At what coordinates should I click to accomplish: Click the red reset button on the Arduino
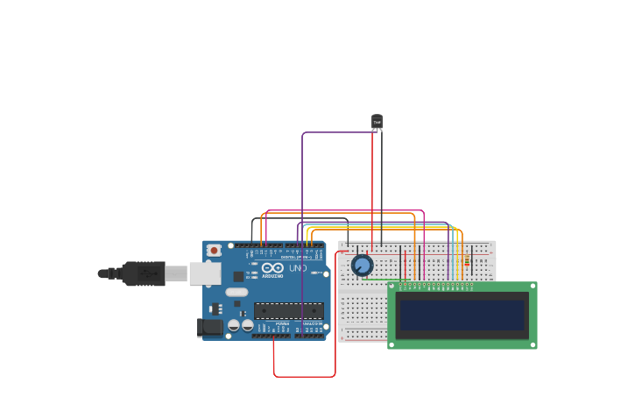coord(213,250)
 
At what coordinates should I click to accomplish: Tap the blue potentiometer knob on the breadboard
coord(362,265)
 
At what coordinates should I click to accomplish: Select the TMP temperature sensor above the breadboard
coord(377,122)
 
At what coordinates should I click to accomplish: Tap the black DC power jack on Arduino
coord(209,328)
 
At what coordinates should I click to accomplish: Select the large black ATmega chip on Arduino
coord(288,310)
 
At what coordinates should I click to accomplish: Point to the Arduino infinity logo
coord(272,267)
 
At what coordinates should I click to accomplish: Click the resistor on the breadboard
coord(467,262)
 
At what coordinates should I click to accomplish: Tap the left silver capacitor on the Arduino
coord(234,325)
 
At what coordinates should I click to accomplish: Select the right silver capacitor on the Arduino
coord(247,325)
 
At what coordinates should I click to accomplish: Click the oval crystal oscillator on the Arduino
coord(236,292)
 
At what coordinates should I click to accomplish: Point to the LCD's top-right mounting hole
coord(532,287)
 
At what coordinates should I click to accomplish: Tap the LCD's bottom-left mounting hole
coord(393,344)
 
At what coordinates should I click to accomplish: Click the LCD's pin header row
coord(436,285)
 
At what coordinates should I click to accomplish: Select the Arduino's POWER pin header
coord(271,335)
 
